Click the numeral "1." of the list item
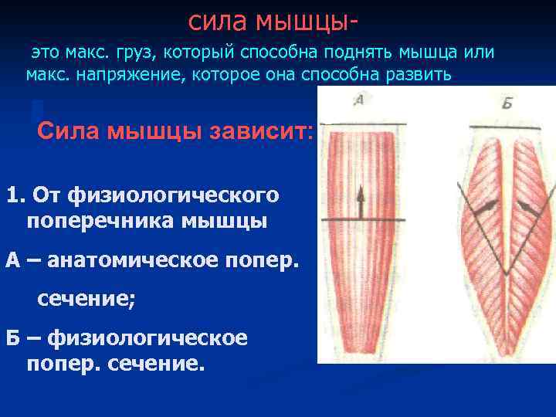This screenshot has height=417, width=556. pyautogui.click(x=16, y=194)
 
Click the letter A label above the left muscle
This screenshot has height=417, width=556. pyautogui.click(x=358, y=100)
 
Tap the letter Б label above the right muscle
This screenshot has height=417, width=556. pyautogui.click(x=507, y=103)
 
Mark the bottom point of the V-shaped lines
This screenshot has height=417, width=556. pyautogui.click(x=506, y=275)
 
